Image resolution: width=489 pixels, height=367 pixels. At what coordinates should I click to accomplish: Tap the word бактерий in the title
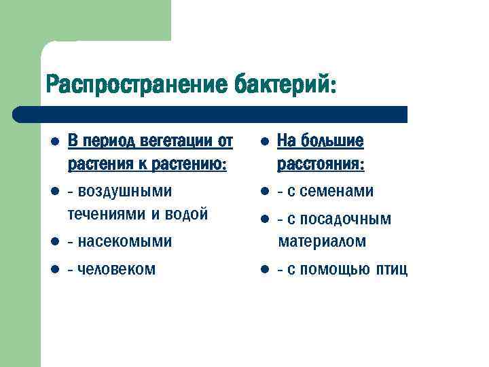click(x=285, y=86)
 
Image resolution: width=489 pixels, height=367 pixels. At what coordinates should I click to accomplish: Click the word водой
click(x=185, y=214)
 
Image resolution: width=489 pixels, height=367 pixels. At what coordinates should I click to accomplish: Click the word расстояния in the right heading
click(x=320, y=164)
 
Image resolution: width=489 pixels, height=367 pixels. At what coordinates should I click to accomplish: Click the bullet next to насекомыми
click(x=55, y=241)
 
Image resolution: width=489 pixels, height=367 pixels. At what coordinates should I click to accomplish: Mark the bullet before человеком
click(x=55, y=269)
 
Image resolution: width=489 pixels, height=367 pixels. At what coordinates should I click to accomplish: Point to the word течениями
click(x=106, y=214)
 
